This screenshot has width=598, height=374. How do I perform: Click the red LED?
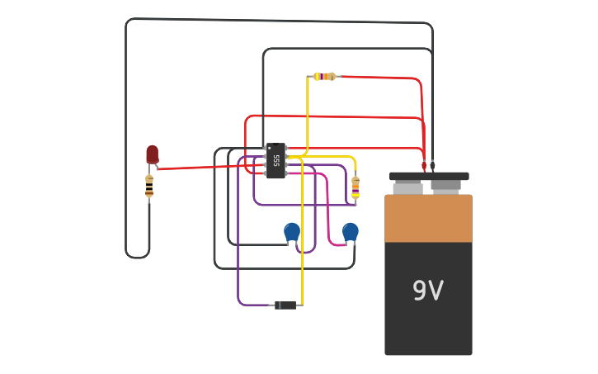[152, 154]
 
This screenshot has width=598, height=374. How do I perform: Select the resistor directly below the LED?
[149, 188]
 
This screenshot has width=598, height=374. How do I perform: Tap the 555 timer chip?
[276, 161]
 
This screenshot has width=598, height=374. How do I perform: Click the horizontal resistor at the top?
[324, 77]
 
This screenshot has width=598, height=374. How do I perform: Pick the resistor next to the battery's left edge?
[356, 188]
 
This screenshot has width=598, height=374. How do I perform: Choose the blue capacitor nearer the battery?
[351, 232]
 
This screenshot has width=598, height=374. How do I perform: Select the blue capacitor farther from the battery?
[292, 232]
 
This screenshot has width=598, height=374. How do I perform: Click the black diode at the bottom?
[285, 305]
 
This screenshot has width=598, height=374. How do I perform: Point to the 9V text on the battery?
[428, 291]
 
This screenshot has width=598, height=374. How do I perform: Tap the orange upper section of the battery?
[428, 219]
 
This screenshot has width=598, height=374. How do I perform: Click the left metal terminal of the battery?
[407, 188]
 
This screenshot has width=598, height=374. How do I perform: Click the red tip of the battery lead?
[424, 165]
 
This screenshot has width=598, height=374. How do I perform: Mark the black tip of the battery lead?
[432, 165]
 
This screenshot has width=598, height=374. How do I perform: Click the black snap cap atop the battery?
[429, 176]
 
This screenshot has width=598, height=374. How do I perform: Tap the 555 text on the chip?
[277, 160]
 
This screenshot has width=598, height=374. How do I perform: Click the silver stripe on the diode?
[278, 305]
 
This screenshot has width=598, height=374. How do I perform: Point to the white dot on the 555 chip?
[270, 149]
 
